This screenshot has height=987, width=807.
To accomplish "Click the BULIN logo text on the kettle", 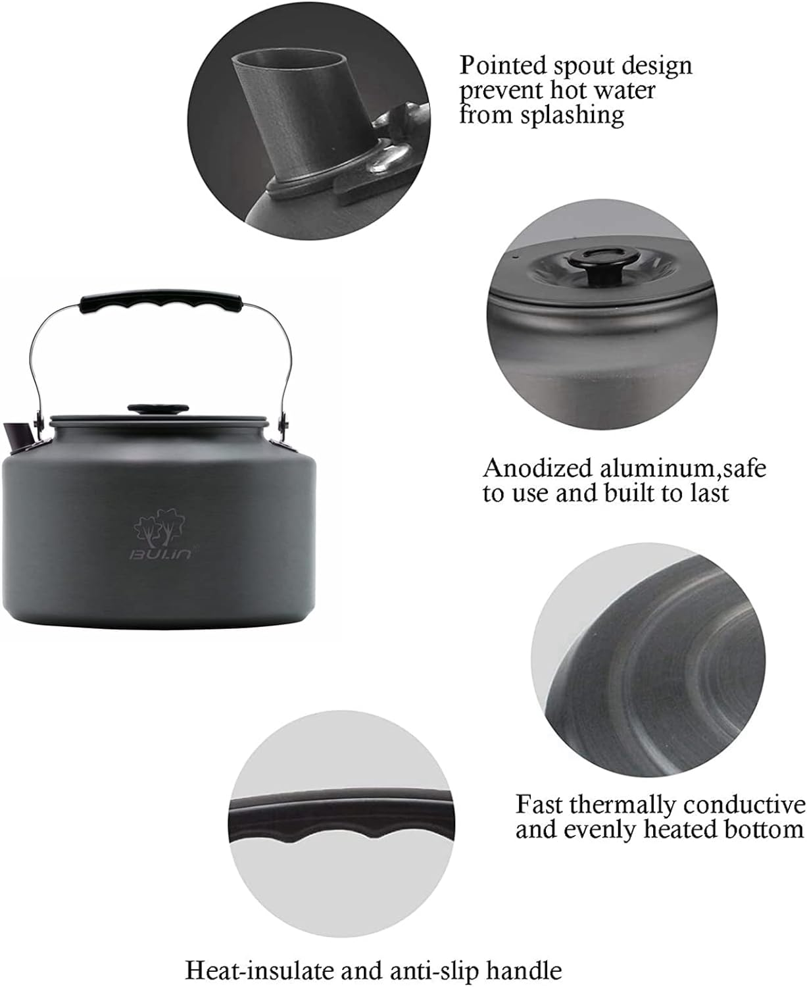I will point(160,555).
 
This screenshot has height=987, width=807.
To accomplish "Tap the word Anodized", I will point(537,468).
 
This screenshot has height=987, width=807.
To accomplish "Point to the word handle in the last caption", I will point(527,971).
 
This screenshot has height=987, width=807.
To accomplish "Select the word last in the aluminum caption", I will point(710,493).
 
